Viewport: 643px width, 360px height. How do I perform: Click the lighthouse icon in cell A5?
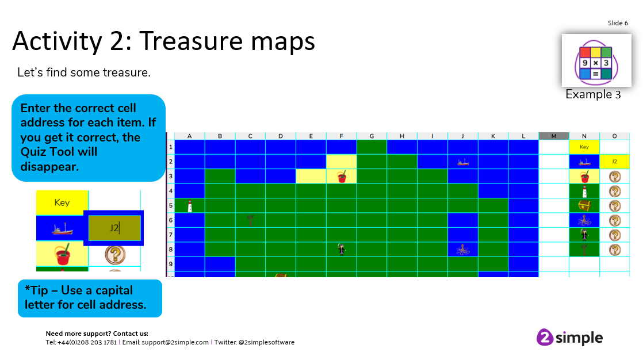(x=190, y=206)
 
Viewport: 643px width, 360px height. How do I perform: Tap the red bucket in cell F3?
(x=342, y=177)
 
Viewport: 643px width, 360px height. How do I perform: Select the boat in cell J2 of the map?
(x=463, y=162)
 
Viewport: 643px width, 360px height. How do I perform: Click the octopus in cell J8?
(x=463, y=249)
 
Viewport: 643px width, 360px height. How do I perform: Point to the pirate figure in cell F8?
(x=341, y=249)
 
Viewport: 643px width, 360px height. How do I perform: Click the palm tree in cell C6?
(x=250, y=221)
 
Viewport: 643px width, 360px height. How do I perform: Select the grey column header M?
(x=554, y=136)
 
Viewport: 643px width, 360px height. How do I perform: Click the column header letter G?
(x=372, y=136)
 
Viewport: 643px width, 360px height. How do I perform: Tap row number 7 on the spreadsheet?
(x=171, y=235)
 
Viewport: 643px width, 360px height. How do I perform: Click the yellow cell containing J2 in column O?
(x=614, y=162)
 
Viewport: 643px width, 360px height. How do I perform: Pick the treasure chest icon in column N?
(x=584, y=205)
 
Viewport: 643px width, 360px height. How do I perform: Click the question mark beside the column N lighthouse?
(x=615, y=191)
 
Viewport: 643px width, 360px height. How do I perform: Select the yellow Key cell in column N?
(x=584, y=147)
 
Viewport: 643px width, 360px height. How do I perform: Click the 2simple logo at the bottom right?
(x=569, y=338)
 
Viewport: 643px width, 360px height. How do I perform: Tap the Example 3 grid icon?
(x=596, y=62)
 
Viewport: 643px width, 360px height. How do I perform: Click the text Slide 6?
(x=618, y=23)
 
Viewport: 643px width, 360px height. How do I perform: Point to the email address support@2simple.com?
(x=175, y=342)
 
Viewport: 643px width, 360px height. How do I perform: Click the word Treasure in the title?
(x=192, y=41)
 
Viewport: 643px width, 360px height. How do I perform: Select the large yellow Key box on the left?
(x=62, y=202)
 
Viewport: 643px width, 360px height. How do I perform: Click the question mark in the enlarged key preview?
(x=115, y=255)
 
